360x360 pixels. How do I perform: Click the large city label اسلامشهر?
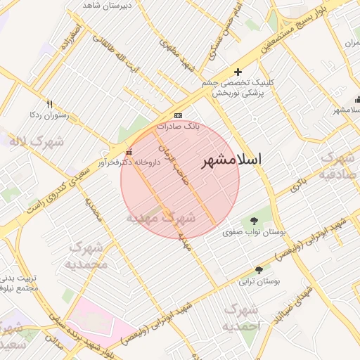[231, 160]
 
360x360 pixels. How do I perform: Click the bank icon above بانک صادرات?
[178, 115]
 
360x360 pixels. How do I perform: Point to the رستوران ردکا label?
[47, 114]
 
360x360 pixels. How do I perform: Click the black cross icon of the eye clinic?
[238, 72]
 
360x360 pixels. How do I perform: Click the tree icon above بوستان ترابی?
[259, 270]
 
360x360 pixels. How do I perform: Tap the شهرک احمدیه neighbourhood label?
[241, 319]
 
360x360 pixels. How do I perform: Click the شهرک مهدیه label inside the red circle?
[160, 218]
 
